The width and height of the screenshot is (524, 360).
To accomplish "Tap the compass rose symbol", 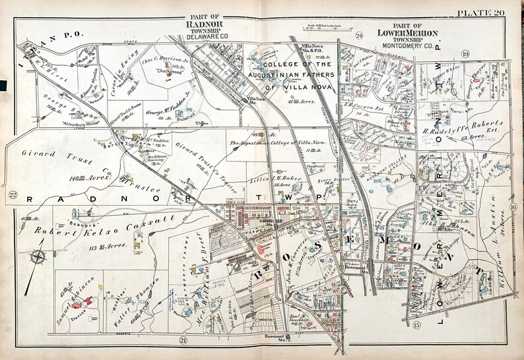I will tap(39, 258).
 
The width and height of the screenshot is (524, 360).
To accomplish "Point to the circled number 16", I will tap(511, 208).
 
